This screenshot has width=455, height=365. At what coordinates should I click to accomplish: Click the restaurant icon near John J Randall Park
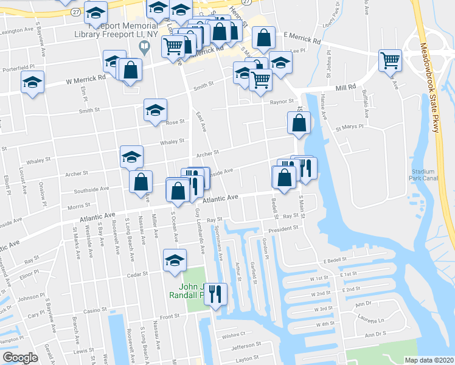point(215,295)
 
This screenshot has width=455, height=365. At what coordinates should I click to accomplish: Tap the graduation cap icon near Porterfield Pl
point(32,83)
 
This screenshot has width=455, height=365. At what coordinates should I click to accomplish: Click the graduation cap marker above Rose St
point(155,110)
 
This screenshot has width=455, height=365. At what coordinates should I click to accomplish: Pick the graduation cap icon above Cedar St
point(175,260)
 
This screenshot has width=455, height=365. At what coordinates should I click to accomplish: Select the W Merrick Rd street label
point(86,78)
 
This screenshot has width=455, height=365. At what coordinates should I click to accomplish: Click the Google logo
point(20,358)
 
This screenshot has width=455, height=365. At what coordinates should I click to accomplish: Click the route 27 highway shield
point(75,12)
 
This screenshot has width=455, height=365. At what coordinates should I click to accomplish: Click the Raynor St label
point(282,102)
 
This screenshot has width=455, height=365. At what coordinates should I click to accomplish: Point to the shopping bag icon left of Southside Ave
point(141,181)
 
